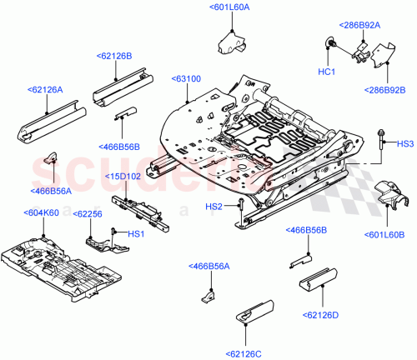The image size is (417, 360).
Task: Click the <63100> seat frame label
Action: tap(186, 78)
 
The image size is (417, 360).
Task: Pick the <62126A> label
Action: tap(44, 88)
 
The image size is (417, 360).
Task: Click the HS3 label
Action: tap(404, 144)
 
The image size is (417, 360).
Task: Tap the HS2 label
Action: tap(214, 206)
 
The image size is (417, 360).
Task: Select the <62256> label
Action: tap(88, 214)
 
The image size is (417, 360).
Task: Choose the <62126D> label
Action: tap(320, 314)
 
